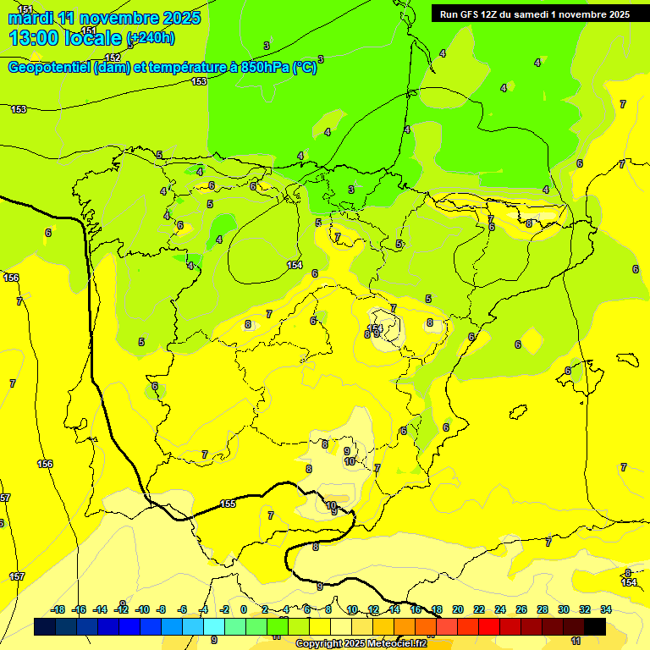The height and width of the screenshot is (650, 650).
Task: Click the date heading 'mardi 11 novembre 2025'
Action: (x=104, y=18)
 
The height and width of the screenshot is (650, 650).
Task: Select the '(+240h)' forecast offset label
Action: (x=151, y=38)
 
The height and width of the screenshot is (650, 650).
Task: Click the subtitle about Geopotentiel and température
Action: (x=162, y=68)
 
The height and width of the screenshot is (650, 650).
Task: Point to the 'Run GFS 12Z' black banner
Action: (x=534, y=14)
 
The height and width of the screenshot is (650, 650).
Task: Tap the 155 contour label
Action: (x=228, y=504)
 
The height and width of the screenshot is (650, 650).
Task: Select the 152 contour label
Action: (x=113, y=58)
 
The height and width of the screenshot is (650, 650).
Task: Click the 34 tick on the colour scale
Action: (x=606, y=609)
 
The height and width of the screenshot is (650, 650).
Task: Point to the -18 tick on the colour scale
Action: (x=58, y=609)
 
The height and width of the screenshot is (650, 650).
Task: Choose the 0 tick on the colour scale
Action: (x=244, y=609)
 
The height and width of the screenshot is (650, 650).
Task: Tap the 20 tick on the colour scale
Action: (x=458, y=609)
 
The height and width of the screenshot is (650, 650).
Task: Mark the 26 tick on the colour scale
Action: (x=521, y=609)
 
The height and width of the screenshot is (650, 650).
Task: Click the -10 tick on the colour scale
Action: (x=142, y=609)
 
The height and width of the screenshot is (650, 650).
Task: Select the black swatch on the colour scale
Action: (x=595, y=626)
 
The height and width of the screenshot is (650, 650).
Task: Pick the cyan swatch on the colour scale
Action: (x=214, y=626)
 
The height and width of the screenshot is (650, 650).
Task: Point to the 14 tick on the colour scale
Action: (x=394, y=609)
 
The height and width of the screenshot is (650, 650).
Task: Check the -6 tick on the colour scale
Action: (x=183, y=609)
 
